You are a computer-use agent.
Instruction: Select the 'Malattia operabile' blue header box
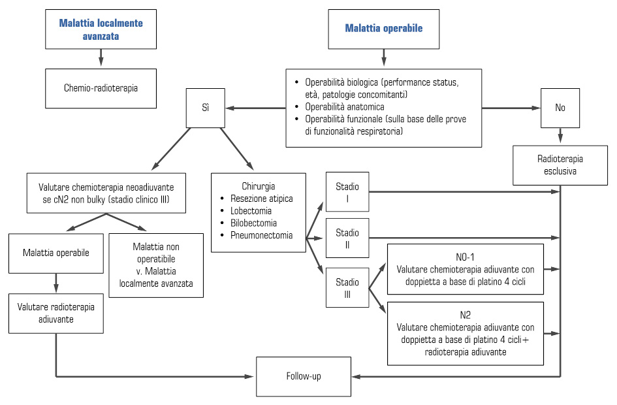pos(383,29)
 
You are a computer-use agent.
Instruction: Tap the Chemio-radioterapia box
pos(101,88)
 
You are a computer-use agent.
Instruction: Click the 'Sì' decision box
pos(206,106)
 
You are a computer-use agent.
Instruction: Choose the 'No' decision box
pos(560,107)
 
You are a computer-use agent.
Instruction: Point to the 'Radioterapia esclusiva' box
pos(560,165)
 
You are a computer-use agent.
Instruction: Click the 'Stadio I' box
pos(347,191)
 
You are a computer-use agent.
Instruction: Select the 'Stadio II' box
pos(347,238)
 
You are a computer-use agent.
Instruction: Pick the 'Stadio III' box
pos(347,287)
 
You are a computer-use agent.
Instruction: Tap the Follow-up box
pos(303,376)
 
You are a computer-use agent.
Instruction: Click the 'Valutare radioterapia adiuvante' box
pos(57,314)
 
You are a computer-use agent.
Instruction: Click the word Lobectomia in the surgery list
pos(251,211)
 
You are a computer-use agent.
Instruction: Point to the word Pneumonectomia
pos(261,235)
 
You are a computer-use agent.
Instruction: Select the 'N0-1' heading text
pos(464,256)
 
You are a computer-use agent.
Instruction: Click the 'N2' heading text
pos(464,314)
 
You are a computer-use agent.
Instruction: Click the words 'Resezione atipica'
pos(261,199)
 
